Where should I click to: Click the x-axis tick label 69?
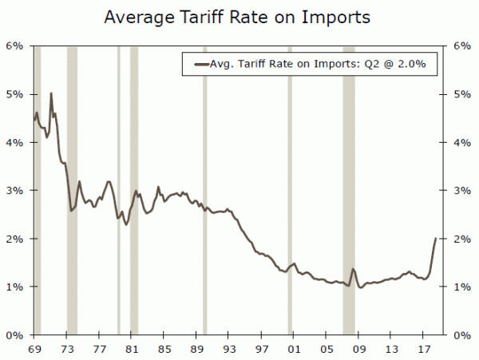[34, 350]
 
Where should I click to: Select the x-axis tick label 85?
[164, 350]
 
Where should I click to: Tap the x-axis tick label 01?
[294, 350]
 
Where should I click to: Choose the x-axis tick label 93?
[229, 350]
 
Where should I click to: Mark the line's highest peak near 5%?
[51, 93]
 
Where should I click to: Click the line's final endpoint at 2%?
[435, 239]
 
